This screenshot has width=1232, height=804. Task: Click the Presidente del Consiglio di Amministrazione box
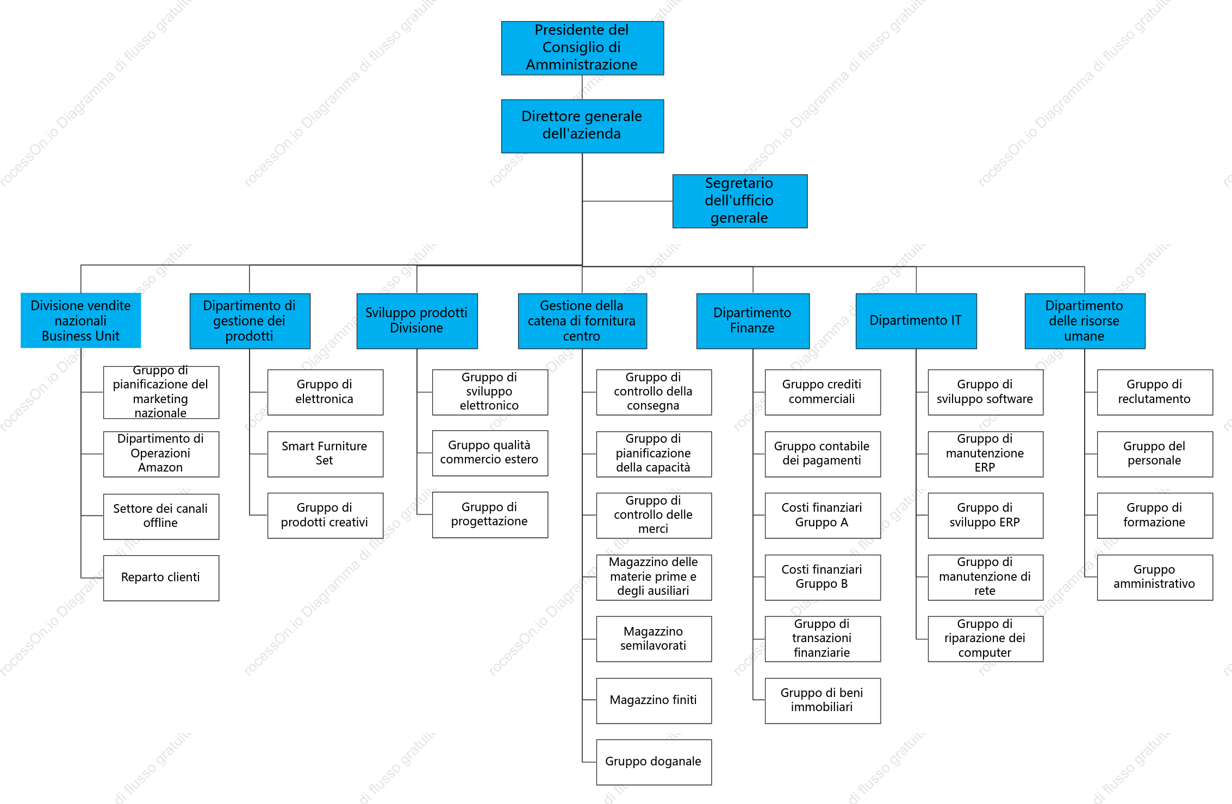(x=582, y=48)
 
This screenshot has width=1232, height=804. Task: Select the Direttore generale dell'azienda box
(x=582, y=126)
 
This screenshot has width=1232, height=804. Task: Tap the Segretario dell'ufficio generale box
(x=740, y=201)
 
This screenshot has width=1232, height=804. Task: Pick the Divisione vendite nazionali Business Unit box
(x=80, y=321)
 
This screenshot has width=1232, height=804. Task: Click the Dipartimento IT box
(x=916, y=321)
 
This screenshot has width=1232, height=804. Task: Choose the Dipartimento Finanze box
(x=753, y=321)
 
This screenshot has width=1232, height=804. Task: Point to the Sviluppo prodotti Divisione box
(x=417, y=321)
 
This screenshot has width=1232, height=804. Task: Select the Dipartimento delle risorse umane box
(x=1085, y=321)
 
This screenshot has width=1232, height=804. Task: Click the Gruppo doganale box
(x=654, y=762)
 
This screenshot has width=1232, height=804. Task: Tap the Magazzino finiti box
(x=654, y=701)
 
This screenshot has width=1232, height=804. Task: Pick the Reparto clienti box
(x=161, y=578)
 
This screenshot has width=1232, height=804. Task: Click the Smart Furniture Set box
(x=325, y=454)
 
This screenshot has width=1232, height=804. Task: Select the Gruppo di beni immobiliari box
(x=823, y=701)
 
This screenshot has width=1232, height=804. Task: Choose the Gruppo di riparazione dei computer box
(x=986, y=639)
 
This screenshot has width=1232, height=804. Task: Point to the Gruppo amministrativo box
(x=1155, y=577)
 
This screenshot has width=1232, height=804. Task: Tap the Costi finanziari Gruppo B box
(x=823, y=577)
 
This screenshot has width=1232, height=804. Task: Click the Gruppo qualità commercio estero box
(x=490, y=453)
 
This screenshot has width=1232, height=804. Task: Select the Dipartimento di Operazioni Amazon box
(x=161, y=454)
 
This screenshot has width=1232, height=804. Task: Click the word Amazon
(x=160, y=468)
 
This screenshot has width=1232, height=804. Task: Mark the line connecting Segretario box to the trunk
(x=627, y=201)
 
